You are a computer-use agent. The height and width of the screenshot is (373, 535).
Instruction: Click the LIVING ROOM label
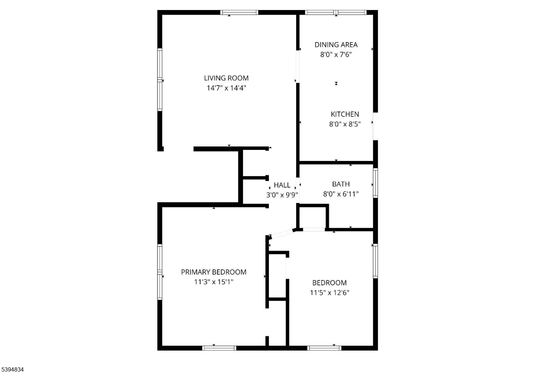(226, 78)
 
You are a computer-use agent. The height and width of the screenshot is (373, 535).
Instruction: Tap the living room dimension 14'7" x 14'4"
(226, 88)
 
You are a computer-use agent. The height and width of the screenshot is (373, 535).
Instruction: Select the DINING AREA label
(336, 45)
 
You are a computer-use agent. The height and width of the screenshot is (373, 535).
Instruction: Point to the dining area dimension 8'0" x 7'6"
(336, 55)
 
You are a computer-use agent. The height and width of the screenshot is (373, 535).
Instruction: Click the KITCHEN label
(345, 114)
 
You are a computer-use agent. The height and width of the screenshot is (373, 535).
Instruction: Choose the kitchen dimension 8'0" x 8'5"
(345, 124)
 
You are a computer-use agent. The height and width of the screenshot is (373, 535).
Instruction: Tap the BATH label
(341, 184)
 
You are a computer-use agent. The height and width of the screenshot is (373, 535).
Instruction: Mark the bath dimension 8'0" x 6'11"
(341, 194)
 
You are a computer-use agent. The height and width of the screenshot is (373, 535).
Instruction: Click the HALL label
(282, 185)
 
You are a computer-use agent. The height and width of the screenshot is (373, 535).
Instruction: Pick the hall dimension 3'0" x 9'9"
(282, 195)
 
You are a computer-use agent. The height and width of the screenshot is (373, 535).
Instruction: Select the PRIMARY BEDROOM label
(214, 272)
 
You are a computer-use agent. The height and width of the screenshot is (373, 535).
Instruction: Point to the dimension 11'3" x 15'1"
(214, 282)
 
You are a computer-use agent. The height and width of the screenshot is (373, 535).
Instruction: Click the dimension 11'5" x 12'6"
(330, 293)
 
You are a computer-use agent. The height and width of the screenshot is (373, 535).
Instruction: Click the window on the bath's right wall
(376, 183)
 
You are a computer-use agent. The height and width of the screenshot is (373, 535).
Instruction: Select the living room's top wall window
(239, 12)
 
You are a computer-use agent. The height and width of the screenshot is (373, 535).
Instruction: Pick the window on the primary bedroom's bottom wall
(219, 348)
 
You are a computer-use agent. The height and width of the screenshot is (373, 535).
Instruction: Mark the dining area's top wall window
(336, 12)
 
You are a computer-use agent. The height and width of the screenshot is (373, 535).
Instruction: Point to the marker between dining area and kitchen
(336, 84)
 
